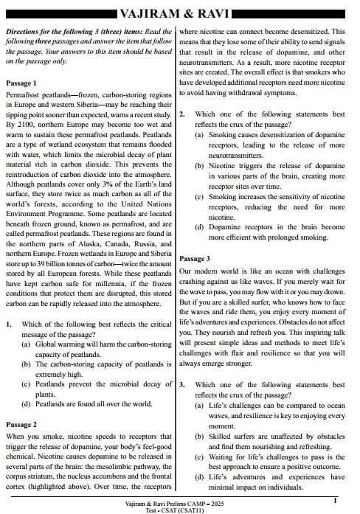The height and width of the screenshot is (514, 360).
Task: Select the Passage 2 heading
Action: [x=21, y=425]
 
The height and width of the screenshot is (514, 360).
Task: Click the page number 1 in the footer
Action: [x=336, y=501]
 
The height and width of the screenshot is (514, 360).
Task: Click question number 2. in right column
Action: [x=183, y=114]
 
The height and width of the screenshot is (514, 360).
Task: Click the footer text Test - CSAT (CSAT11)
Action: [x=179, y=508]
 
